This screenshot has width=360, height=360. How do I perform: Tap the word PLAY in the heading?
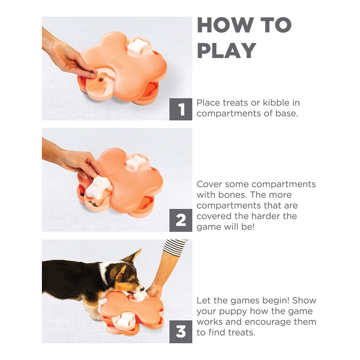227,50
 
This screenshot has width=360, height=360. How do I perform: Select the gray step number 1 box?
181,109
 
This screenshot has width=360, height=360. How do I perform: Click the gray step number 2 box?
181,220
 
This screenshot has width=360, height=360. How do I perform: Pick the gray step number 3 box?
181,332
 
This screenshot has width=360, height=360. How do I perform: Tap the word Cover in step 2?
211,184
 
